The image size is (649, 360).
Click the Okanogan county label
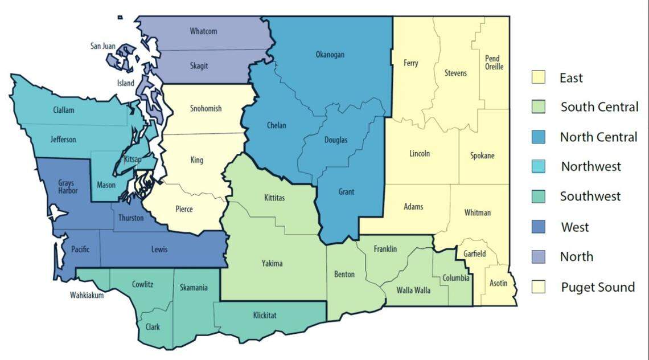pyautogui.click(x=330, y=55)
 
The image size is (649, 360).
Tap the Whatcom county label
pyautogui.click(x=203, y=31)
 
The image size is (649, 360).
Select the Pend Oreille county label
pyautogui.click(x=494, y=63)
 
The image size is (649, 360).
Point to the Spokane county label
pyautogui.click(x=482, y=156)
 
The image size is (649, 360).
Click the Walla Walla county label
pyautogui.click(x=414, y=291)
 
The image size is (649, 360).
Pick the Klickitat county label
pyautogui.click(x=265, y=315)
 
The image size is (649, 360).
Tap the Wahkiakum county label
pyautogui.click(x=87, y=295)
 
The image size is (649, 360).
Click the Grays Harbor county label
pyautogui.click(x=68, y=187)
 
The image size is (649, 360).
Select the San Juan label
pyautogui.click(x=103, y=46)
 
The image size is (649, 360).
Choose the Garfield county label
pyautogui.click(x=474, y=254)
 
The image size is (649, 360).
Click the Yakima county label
pyautogui.click(x=272, y=264)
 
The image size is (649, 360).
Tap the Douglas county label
pyautogui.click(x=336, y=140)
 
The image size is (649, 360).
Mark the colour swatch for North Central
pyautogui.click(x=538, y=137)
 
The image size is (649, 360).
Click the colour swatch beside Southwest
pyautogui.click(x=538, y=197)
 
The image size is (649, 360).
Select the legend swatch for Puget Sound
pyautogui.click(x=538, y=287)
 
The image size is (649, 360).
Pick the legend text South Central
pyautogui.click(x=599, y=107)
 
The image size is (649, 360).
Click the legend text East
pyautogui.click(x=571, y=78)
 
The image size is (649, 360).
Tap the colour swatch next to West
pyautogui.click(x=538, y=227)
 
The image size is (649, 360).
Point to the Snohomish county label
pyautogui.click(x=206, y=109)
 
